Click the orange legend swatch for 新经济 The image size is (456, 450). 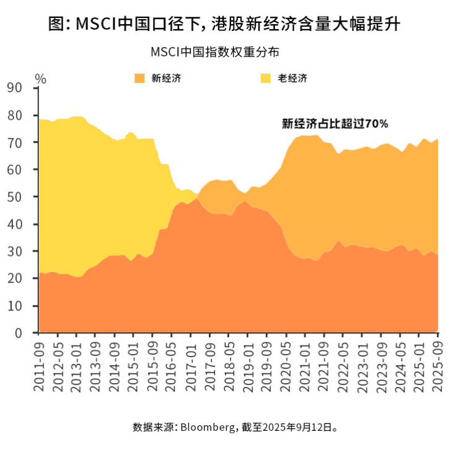[140, 78]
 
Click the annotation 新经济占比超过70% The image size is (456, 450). [335, 123]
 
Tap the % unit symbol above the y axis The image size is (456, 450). [40, 78]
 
